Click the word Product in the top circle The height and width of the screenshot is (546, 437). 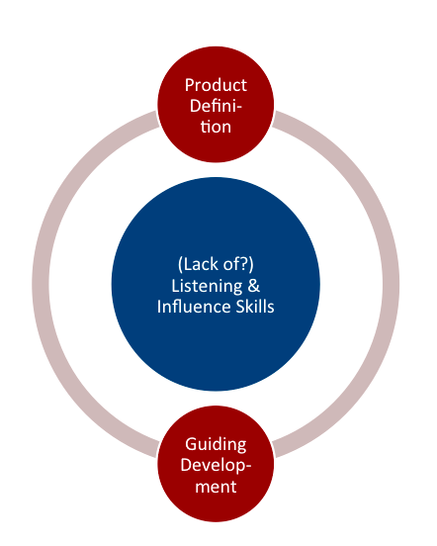tap(216, 85)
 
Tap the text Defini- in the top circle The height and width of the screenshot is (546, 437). tap(216, 106)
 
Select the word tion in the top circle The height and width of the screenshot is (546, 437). tap(216, 127)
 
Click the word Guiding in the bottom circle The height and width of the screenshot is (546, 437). tap(216, 445)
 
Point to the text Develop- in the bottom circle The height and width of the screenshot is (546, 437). tap(216, 466)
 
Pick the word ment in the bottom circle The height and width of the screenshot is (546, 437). tap(216, 487)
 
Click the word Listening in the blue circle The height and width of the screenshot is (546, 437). tap(207, 287)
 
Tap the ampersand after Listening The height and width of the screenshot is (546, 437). tap(254, 286)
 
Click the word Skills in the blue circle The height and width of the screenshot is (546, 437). tap(255, 307)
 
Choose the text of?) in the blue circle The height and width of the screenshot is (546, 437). tap(238, 265)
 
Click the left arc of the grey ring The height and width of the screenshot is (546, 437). tap(41, 284)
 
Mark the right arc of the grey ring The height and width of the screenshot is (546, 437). tap(391, 284)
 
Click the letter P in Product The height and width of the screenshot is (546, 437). tap(190, 85)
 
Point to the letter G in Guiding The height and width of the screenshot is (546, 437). tap(192, 444)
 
